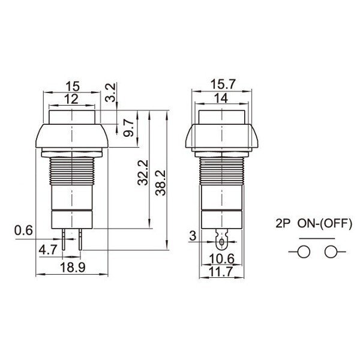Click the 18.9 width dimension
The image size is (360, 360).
coord(73,267)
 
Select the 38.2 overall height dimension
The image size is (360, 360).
coord(160,183)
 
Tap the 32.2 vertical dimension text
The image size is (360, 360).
coord(143,173)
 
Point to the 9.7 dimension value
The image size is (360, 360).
coord(128,128)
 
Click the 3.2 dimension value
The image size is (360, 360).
coord(110,92)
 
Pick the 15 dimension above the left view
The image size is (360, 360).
coord(73,86)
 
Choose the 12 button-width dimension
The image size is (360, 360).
coord(71,100)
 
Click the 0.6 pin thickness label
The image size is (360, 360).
coord(23,230)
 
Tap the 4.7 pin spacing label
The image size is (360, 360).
coord(48,250)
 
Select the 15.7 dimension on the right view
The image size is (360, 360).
coord(223,84)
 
